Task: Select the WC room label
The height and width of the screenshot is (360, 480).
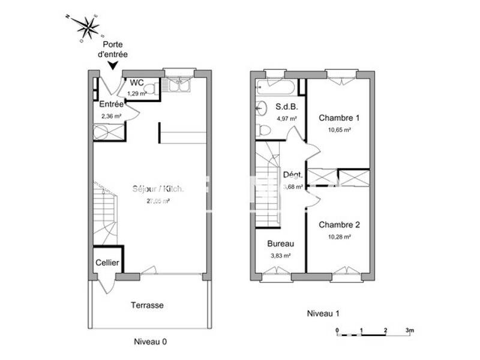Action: pyautogui.click(x=137, y=83)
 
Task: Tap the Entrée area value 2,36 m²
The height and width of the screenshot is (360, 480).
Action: pyautogui.click(x=111, y=116)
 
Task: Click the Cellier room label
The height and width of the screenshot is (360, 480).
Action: pyautogui.click(x=107, y=263)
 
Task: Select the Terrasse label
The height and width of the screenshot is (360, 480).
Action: pyautogui.click(x=147, y=305)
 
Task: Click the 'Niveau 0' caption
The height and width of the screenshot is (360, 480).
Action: pyautogui.click(x=149, y=341)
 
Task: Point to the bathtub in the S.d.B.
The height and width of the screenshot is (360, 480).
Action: pyautogui.click(x=275, y=88)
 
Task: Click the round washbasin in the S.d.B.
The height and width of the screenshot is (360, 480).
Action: pyautogui.click(x=261, y=109)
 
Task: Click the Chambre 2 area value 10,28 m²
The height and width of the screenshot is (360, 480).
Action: pyautogui.click(x=339, y=237)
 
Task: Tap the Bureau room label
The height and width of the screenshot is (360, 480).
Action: pyautogui.click(x=280, y=244)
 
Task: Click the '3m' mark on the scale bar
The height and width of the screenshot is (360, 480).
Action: pyautogui.click(x=410, y=330)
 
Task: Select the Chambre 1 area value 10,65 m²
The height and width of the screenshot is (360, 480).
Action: pyautogui.click(x=339, y=129)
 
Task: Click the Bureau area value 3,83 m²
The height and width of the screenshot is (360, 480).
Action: pyautogui.click(x=280, y=256)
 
